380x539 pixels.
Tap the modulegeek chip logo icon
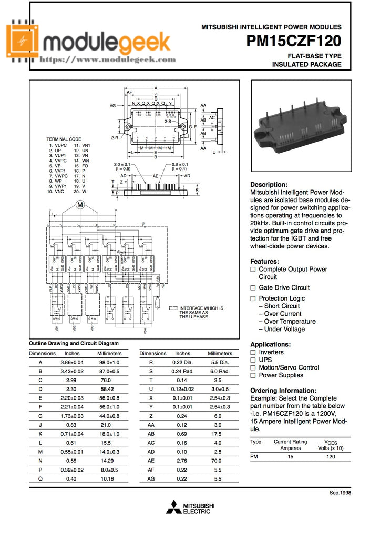(23, 42)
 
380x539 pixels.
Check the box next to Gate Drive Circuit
(253, 288)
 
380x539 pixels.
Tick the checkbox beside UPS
(253, 360)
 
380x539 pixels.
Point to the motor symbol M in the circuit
(80, 205)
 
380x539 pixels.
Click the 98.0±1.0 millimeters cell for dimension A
(109, 363)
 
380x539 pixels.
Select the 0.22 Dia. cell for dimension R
(183, 363)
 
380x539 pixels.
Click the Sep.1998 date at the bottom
(340, 493)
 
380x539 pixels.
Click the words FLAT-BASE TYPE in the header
(314, 56)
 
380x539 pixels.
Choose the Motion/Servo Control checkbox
(253, 368)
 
